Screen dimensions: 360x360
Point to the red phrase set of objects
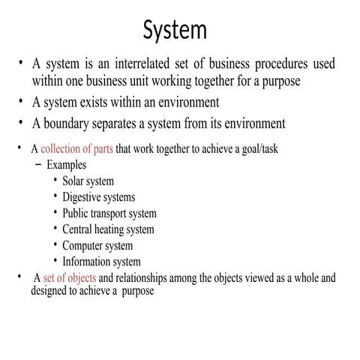click(70, 278)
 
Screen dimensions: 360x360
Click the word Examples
click(67, 164)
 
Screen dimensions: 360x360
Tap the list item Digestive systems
click(98, 196)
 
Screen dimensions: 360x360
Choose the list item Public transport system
click(109, 213)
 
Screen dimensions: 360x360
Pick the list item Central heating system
click(108, 229)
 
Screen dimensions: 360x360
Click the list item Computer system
click(97, 245)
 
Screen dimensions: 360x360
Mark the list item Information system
click(101, 262)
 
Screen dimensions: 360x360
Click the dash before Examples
click(38, 164)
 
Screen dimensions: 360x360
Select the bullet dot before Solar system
click(55, 181)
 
